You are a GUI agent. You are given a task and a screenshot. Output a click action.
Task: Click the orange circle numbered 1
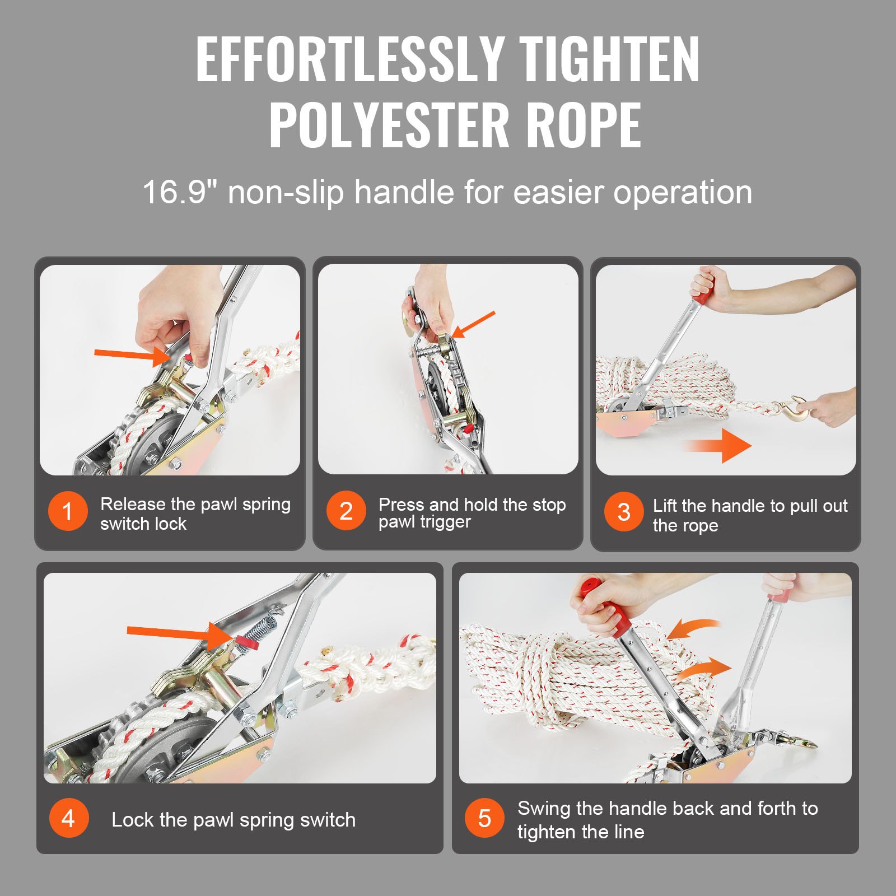click(x=68, y=511)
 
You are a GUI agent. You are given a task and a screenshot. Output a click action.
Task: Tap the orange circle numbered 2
click(x=346, y=511)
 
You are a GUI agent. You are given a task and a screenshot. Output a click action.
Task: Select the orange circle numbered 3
click(x=623, y=512)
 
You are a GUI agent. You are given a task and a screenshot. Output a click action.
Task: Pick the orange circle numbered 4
click(x=68, y=819)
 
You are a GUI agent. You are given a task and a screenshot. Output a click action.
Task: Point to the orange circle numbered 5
click(x=484, y=818)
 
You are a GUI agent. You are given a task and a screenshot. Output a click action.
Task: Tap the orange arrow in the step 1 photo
click(x=132, y=354)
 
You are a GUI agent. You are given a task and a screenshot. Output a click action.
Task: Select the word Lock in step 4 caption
click(x=130, y=820)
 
